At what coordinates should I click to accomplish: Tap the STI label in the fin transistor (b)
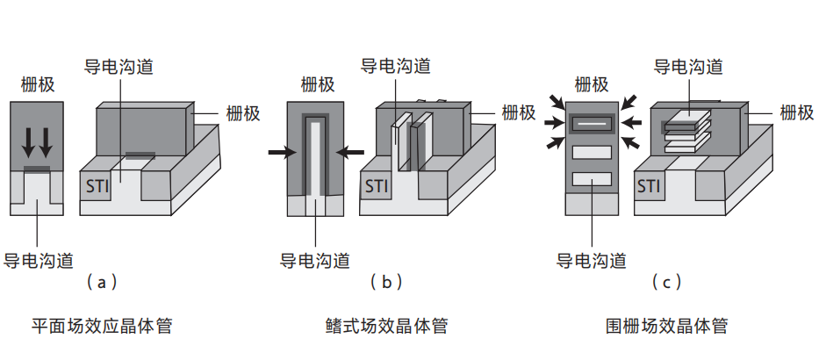point(377,186)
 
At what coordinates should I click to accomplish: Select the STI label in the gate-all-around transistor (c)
point(649,186)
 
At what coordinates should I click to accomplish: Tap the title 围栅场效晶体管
point(667,327)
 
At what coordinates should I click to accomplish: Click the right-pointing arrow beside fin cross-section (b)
point(282,153)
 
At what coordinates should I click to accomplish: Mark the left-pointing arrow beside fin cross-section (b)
point(350,153)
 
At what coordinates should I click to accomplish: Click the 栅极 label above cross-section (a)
point(37,84)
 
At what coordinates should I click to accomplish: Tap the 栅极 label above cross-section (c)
point(592,84)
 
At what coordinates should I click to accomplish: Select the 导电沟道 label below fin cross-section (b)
point(314,260)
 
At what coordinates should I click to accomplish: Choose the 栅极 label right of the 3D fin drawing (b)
point(519,113)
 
